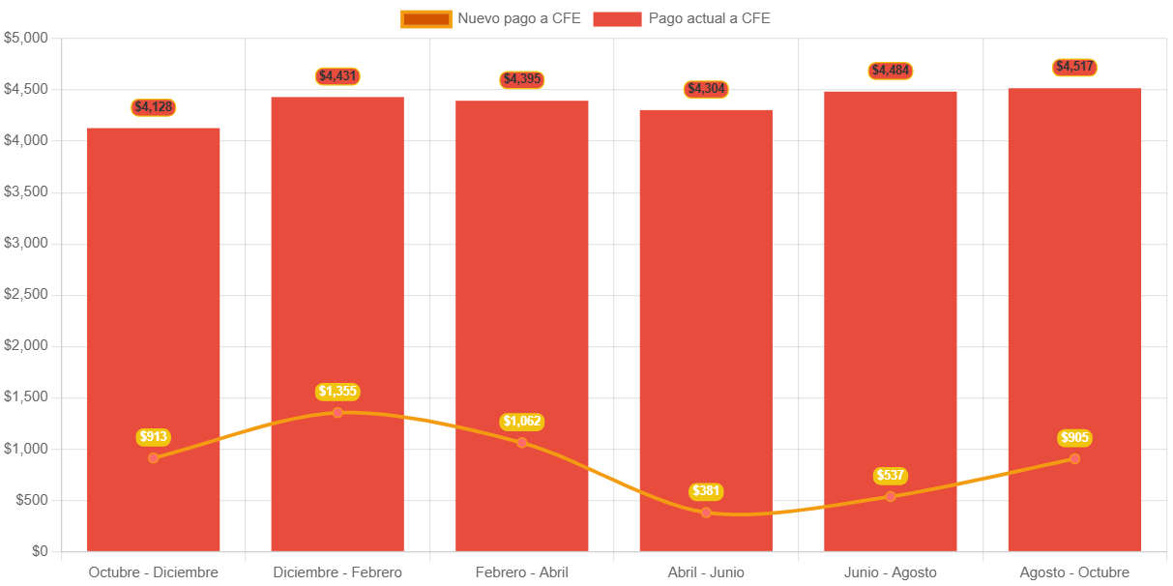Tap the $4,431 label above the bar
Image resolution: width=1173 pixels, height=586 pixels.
[337, 76]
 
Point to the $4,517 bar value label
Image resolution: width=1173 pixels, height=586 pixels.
[1074, 67]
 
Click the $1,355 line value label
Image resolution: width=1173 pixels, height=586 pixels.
[337, 392]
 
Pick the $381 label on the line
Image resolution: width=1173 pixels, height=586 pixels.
[706, 491]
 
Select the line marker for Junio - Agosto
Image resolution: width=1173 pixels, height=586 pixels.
[890, 496]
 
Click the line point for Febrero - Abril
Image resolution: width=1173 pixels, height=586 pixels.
[522, 442]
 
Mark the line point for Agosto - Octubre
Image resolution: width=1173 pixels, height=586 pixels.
[1074, 458]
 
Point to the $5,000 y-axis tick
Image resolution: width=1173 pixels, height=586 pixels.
[26, 38]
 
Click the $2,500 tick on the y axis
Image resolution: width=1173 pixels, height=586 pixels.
[26, 294]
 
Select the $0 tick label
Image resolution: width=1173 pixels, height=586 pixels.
[39, 551]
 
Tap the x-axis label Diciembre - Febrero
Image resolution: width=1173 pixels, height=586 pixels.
[337, 572]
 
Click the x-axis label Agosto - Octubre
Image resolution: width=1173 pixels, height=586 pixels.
[1074, 572]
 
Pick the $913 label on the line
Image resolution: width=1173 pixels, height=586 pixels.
[154, 437]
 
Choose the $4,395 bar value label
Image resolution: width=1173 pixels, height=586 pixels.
[522, 79]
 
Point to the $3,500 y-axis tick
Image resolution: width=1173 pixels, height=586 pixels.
[26, 191]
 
